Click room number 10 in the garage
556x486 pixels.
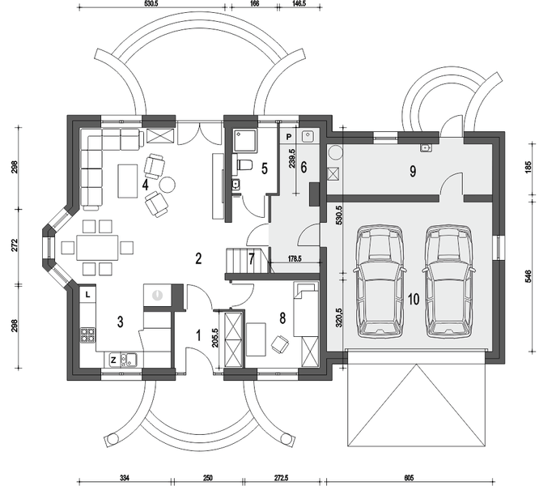(x=413, y=300)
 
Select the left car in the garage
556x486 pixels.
(x=379, y=280)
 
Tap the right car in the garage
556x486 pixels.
(x=449, y=280)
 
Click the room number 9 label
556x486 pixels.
(x=412, y=171)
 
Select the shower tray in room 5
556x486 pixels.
(x=243, y=142)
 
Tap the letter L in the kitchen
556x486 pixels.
(x=87, y=296)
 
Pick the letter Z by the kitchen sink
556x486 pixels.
(x=112, y=358)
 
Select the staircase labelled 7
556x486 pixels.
(x=240, y=261)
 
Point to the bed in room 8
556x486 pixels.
(x=305, y=309)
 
